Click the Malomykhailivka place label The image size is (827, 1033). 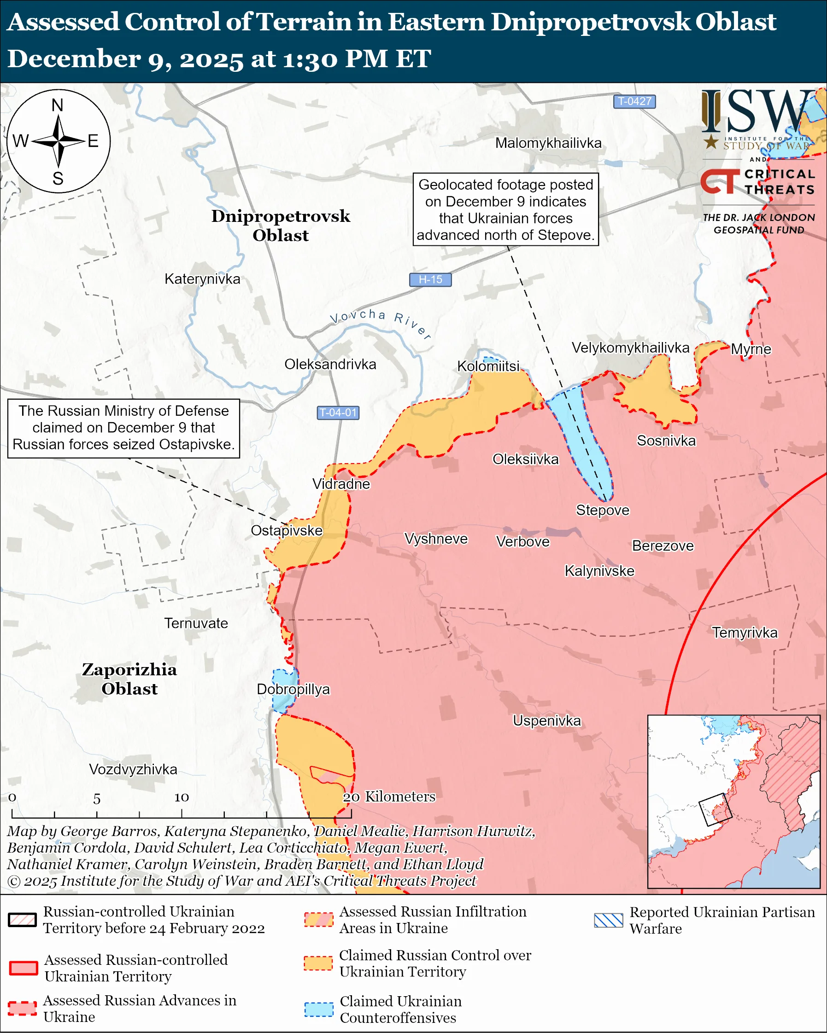coord(548,143)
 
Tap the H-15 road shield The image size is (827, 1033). coord(430,279)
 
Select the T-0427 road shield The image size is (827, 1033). coord(634,102)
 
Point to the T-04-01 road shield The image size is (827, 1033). coord(338,412)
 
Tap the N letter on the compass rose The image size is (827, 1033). coord(58,105)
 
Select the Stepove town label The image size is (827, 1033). coord(602,510)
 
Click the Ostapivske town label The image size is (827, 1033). coord(286,530)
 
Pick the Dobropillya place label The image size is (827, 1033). coord(293,689)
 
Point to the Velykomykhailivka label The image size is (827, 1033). coord(630,348)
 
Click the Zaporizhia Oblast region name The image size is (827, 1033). coord(129,679)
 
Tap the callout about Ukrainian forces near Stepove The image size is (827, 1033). coord(505,209)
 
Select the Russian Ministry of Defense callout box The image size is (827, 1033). coord(123,428)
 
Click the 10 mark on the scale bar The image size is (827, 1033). coord(181,797)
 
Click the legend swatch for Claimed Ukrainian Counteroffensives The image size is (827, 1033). coord(318,1009)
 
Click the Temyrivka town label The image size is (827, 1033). coord(744,633)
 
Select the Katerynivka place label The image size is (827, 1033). coord(202,279)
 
